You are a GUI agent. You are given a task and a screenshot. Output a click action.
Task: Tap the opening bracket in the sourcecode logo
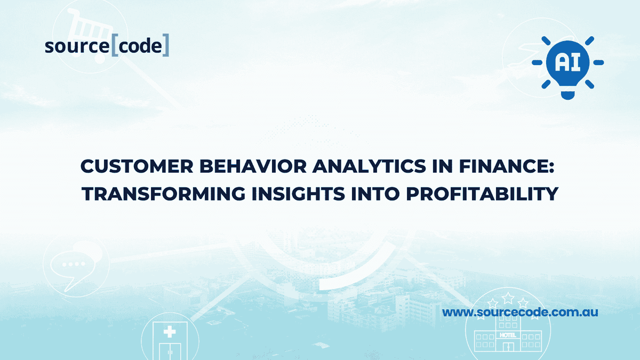[115, 46]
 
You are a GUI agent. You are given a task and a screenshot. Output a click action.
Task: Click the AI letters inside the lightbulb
[567, 62]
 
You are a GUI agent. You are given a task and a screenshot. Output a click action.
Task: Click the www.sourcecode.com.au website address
[520, 312]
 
